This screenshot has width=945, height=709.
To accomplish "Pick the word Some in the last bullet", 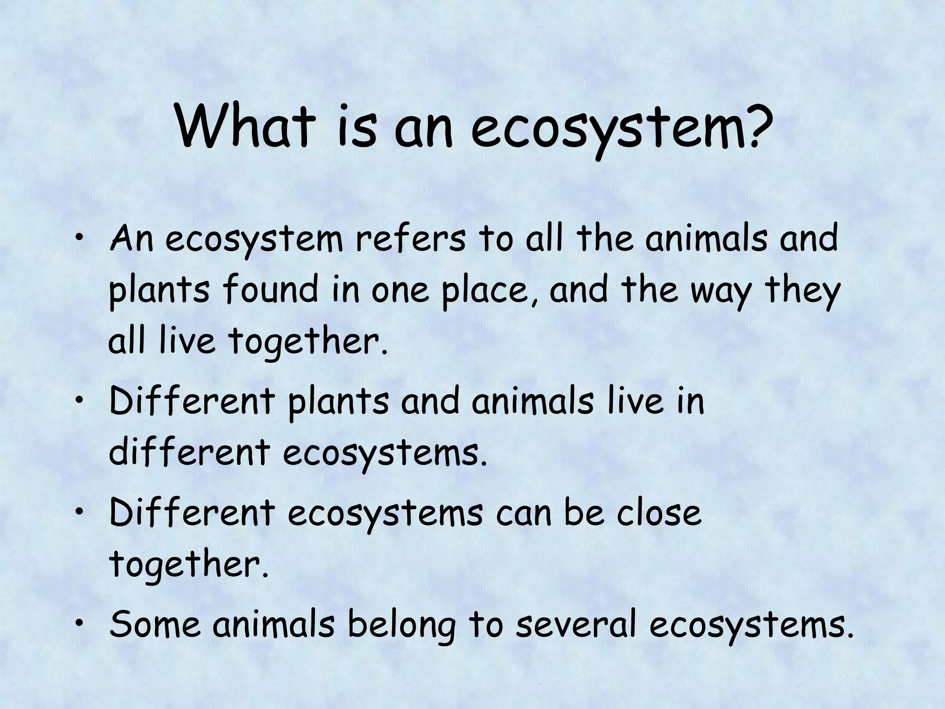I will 155,624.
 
